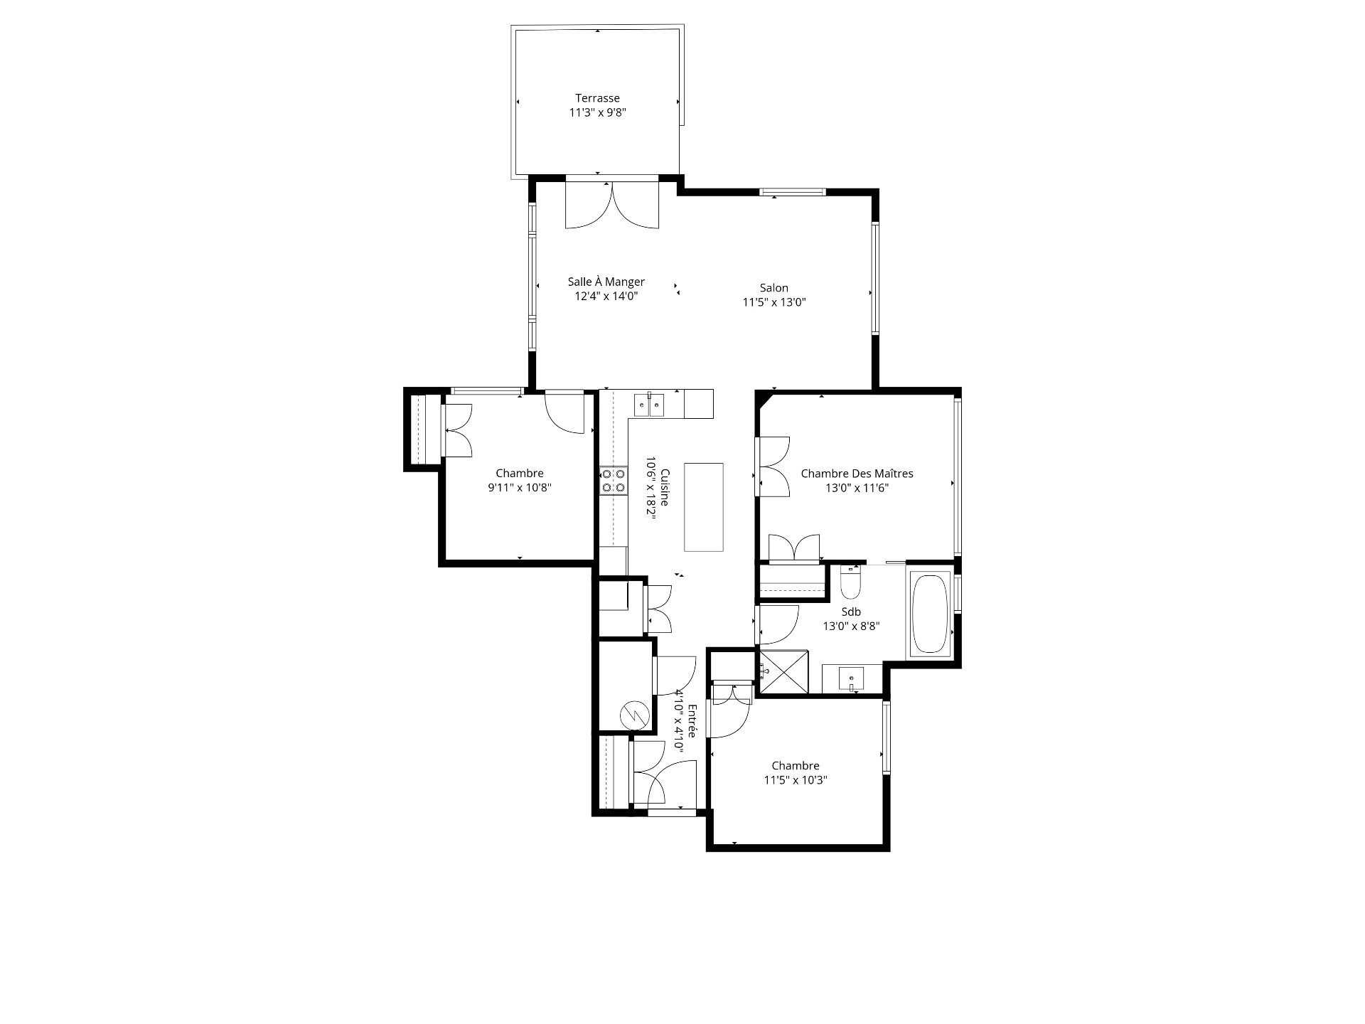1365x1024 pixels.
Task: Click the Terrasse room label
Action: (x=597, y=98)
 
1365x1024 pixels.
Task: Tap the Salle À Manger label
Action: (x=606, y=282)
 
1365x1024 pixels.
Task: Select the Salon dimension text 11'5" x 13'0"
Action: (x=774, y=302)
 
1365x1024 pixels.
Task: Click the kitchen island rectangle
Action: (x=704, y=507)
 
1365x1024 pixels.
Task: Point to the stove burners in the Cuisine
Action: (x=613, y=480)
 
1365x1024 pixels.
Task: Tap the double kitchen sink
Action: (x=649, y=405)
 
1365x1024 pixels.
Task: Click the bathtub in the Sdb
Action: (x=929, y=614)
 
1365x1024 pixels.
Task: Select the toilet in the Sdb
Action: (x=850, y=582)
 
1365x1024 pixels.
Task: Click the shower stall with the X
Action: (x=783, y=671)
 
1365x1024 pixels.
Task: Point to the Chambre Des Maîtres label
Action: (x=857, y=474)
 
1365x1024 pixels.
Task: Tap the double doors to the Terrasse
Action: (x=612, y=205)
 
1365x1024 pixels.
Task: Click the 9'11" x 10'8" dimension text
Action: (x=520, y=488)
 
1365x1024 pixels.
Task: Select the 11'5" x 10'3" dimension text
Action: (x=796, y=780)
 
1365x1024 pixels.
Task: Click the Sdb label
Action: (x=851, y=612)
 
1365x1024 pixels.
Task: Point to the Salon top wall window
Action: (x=793, y=191)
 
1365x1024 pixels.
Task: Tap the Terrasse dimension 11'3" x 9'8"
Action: (x=597, y=112)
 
